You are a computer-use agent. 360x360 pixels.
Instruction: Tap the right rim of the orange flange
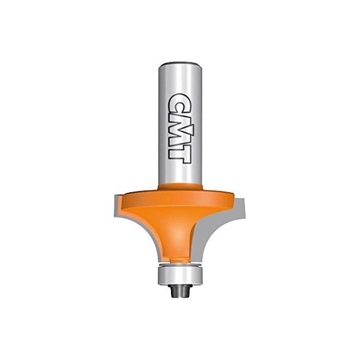[x=237, y=201]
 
